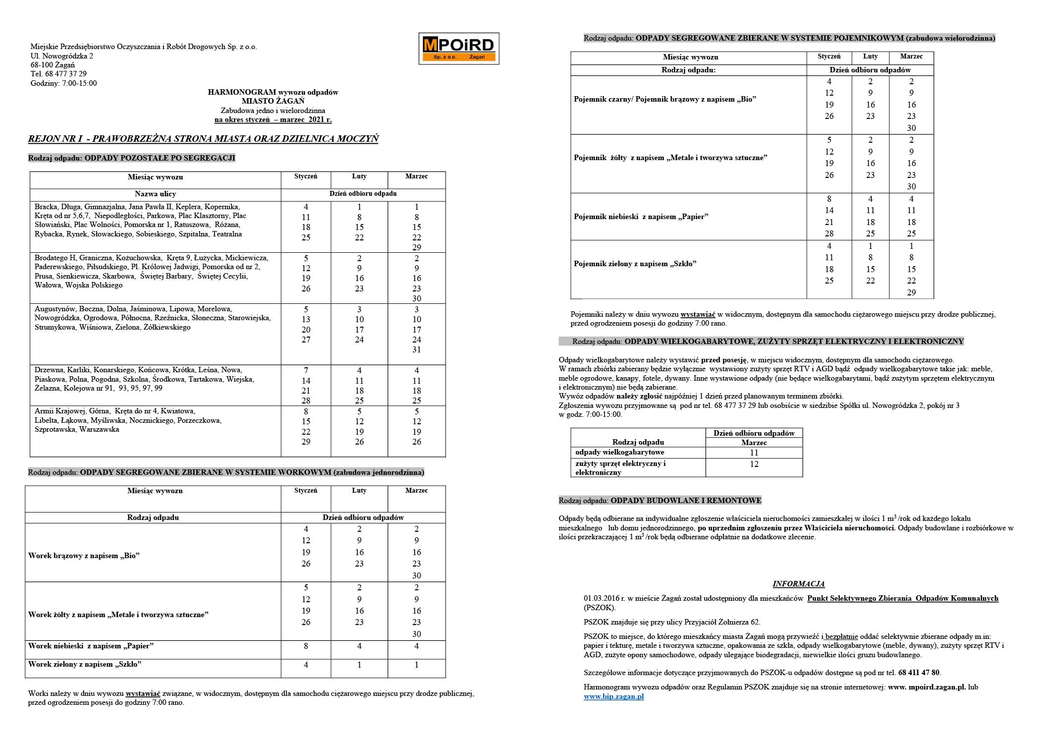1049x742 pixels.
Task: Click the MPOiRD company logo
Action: tap(458, 49)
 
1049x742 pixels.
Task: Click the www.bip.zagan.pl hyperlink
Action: tap(613, 696)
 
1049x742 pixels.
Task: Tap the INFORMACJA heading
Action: tap(798, 584)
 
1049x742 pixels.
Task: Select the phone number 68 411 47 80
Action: tap(919, 673)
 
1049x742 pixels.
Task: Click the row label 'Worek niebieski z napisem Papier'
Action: tap(91, 646)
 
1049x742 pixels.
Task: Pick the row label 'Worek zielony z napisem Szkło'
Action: tap(85, 664)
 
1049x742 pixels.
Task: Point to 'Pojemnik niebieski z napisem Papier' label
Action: tap(641, 217)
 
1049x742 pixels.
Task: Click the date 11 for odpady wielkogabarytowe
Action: tap(754, 453)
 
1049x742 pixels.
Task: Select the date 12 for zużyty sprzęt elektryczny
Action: tap(754, 464)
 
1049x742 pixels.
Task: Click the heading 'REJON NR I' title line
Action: tap(203, 139)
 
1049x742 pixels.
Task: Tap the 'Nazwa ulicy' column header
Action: tap(155, 194)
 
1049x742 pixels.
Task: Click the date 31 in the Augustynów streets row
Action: tap(416, 349)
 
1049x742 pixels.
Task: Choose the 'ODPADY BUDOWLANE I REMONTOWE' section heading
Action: tap(686, 501)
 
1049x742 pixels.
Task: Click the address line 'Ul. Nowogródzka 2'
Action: tap(62, 56)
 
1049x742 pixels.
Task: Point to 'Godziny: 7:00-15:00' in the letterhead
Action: tap(63, 83)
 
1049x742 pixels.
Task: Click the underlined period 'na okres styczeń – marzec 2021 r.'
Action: tap(273, 119)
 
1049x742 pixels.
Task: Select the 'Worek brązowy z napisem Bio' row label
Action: tap(84, 556)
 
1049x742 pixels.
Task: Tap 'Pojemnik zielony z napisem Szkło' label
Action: tap(635, 264)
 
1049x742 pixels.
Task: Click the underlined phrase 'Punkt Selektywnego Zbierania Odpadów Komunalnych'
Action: tap(902, 598)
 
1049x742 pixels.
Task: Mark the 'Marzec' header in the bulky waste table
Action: tap(754, 443)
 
